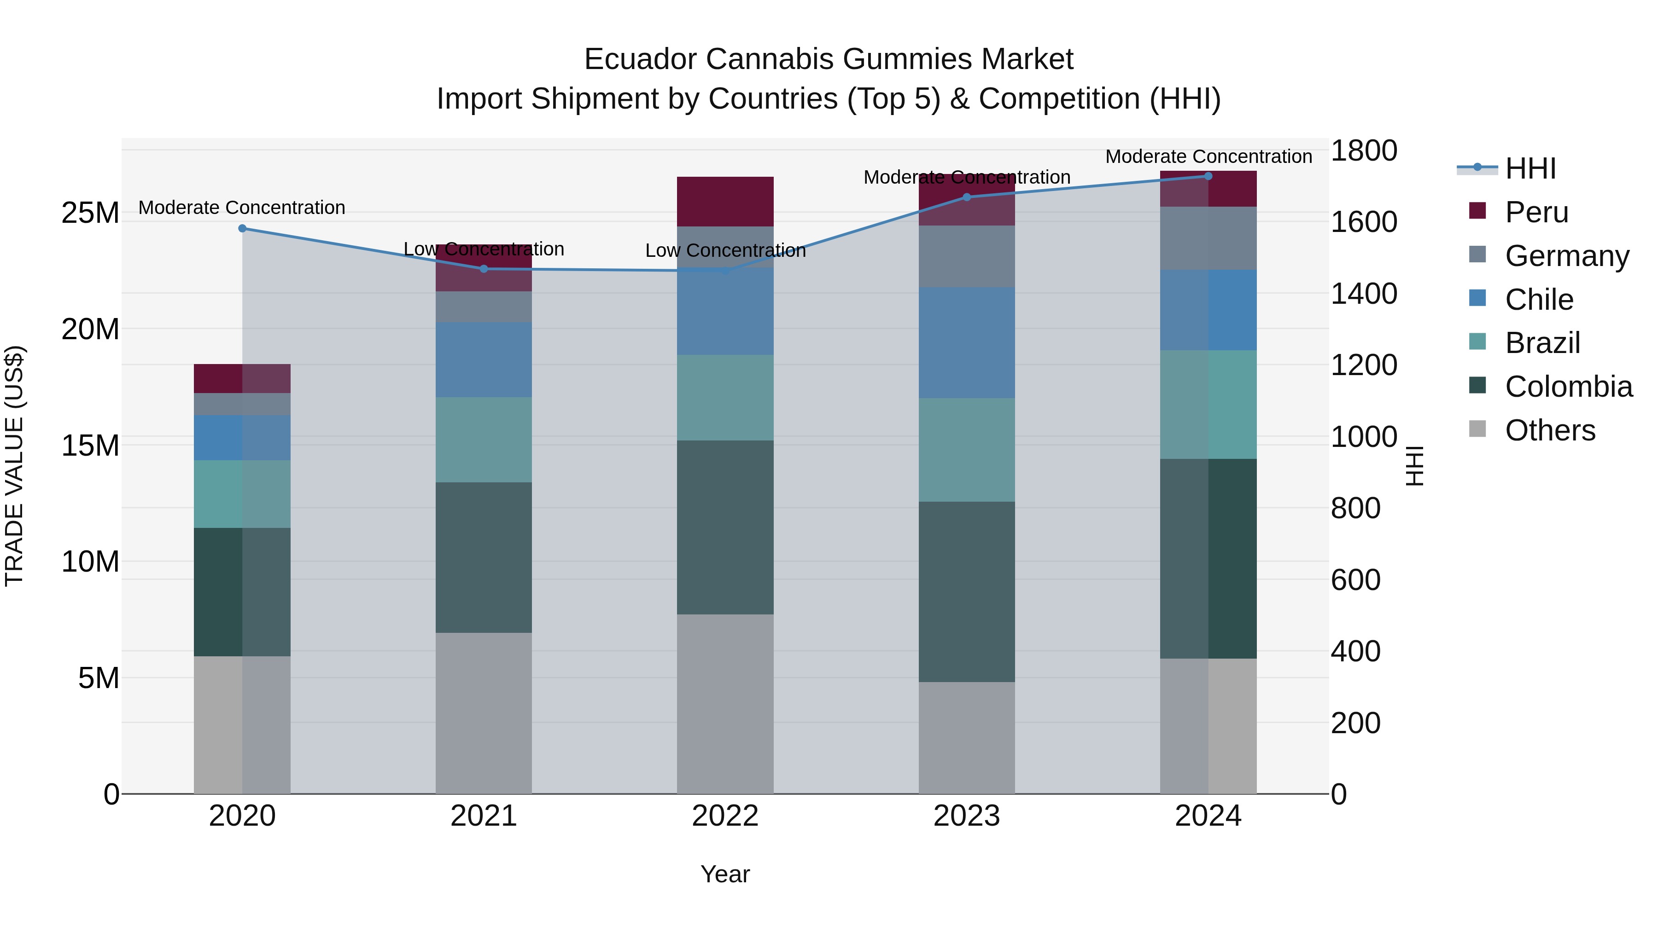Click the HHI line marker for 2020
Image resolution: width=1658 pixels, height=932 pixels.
click(x=242, y=228)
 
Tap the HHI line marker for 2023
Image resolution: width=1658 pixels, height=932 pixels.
click(x=966, y=197)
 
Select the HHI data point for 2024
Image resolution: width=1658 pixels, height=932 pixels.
click(x=1208, y=176)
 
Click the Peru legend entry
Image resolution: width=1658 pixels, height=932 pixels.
click(x=1536, y=212)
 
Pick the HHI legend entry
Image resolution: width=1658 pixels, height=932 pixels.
click(x=1530, y=168)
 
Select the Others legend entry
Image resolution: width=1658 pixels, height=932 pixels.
click(x=1549, y=430)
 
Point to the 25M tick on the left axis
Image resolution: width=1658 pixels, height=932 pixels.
click(x=90, y=213)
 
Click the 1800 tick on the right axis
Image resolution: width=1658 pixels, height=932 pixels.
click(x=1363, y=151)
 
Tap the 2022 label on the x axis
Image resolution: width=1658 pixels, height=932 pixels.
click(x=725, y=816)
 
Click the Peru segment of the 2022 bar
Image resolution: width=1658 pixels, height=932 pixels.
click(x=725, y=201)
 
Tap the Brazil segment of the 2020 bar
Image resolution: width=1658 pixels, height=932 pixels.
click(x=242, y=494)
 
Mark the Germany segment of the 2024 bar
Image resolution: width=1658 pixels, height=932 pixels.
click(x=1208, y=238)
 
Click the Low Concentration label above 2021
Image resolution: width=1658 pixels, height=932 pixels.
click(x=484, y=249)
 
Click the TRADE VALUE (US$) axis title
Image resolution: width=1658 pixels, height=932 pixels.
click(x=14, y=466)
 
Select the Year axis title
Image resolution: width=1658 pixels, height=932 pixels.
click(x=725, y=874)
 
